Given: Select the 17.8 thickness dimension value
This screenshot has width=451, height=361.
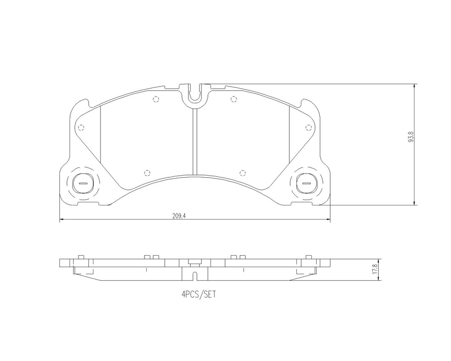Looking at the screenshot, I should [x=374, y=269].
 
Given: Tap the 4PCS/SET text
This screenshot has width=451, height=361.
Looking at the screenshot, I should [x=199, y=295].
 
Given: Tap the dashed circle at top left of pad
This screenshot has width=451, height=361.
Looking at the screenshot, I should [x=155, y=99].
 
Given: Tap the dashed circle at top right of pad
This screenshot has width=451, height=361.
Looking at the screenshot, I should [x=233, y=99].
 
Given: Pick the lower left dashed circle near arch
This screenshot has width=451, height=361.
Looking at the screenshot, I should [x=147, y=172].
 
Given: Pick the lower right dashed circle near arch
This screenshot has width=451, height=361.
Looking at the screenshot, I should [x=241, y=172].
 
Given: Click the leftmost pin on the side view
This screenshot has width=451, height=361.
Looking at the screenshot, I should [x=81, y=257].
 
